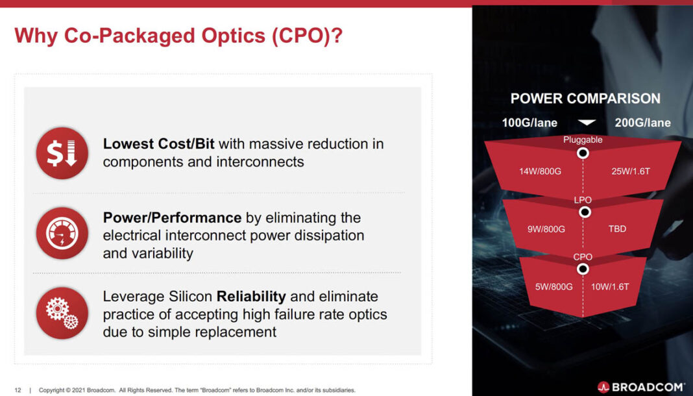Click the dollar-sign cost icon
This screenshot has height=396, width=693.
click(x=62, y=153)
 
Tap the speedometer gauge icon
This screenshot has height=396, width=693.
click(x=62, y=234)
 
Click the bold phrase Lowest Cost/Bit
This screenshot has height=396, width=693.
click(x=158, y=143)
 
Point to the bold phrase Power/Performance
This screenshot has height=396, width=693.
click(x=172, y=217)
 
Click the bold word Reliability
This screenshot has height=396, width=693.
click(x=251, y=297)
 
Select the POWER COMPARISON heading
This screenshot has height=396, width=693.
click(x=585, y=99)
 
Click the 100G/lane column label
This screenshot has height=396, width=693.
click(x=529, y=123)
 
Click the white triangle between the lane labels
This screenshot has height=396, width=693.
click(x=587, y=123)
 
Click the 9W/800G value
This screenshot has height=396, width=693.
click(x=546, y=229)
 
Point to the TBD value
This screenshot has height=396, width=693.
click(x=617, y=229)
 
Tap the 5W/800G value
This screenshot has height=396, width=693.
click(x=553, y=286)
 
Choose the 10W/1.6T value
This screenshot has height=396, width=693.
click(x=611, y=286)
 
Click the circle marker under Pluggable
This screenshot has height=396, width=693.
click(x=583, y=153)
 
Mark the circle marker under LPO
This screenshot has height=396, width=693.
click(x=584, y=212)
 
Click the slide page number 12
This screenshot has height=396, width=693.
click(x=18, y=390)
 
